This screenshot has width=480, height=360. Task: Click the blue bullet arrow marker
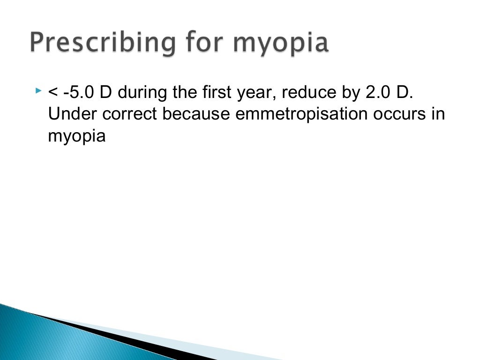click(38, 89)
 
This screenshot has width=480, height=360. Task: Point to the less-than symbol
click(52, 93)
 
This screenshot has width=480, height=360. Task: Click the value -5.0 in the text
click(79, 92)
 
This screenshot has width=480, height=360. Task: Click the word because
click(196, 114)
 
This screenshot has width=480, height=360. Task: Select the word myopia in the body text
click(77, 136)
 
